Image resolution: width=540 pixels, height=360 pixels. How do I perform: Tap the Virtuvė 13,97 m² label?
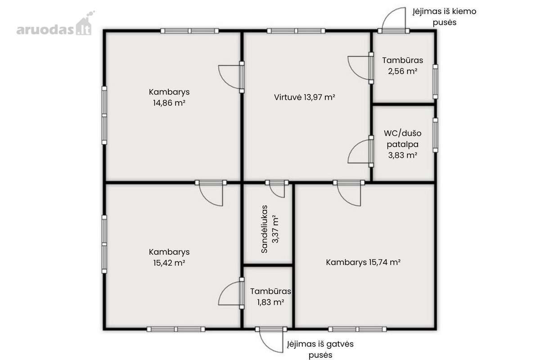click(x=305, y=97)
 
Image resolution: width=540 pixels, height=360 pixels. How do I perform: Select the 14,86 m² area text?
click(x=169, y=103)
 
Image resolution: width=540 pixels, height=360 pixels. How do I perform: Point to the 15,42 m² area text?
click(x=169, y=263)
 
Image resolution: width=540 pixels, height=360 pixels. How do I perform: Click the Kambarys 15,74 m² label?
click(x=363, y=262)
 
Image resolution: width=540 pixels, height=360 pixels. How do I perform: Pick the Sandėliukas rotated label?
click(x=265, y=229)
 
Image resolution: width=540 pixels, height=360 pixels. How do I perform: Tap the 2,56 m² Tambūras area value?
click(x=402, y=71)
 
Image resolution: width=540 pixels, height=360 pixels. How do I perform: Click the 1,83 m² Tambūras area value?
click(x=270, y=302)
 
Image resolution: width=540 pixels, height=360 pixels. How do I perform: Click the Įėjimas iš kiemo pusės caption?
click(x=444, y=17)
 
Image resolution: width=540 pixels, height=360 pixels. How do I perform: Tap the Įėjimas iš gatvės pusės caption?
click(x=320, y=349)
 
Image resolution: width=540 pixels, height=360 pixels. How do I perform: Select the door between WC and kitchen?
click(x=360, y=151)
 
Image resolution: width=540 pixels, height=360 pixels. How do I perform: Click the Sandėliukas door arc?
click(x=277, y=189)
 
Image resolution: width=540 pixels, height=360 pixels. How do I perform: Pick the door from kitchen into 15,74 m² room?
click(x=349, y=193)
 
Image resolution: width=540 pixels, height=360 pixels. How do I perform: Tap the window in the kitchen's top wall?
click(x=296, y=31)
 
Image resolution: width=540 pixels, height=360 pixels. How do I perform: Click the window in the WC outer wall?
click(x=436, y=135)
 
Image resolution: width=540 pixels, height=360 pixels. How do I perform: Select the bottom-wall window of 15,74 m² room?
click(x=357, y=329)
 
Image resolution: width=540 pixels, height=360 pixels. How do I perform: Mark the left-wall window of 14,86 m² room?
click(x=104, y=115)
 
